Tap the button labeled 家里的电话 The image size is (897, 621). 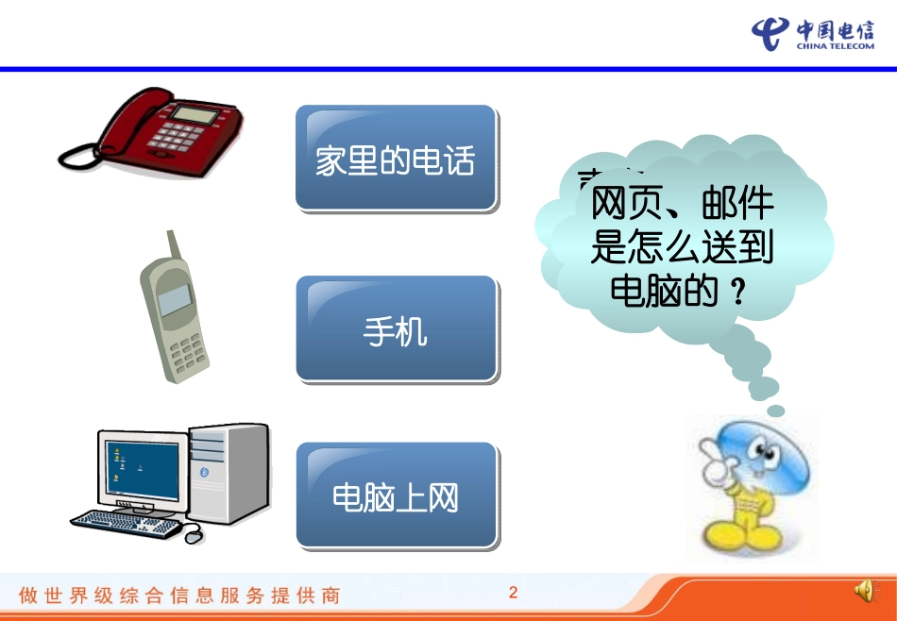pyautogui.click(x=396, y=159)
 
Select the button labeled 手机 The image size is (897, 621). pyautogui.click(x=396, y=328)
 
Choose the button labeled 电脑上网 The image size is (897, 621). pyautogui.click(x=397, y=495)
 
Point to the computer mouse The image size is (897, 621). pyautogui.click(x=193, y=536)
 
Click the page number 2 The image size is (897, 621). pyautogui.click(x=514, y=593)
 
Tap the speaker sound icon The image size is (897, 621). pyautogui.click(x=863, y=592)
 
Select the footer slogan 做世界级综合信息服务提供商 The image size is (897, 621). pyautogui.click(x=179, y=596)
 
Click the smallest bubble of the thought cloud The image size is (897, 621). pyautogui.click(x=776, y=411)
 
